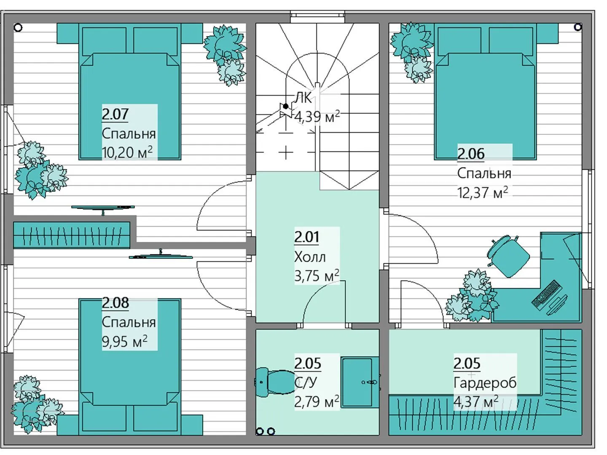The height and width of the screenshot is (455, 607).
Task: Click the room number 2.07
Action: pos(115,114)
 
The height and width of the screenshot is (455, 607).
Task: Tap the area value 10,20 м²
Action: pos(127,152)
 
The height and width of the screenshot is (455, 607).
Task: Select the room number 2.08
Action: pos(115,303)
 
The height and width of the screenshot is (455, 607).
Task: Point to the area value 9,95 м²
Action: pos(124,341)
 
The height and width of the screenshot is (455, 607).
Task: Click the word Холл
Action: pos(310,257)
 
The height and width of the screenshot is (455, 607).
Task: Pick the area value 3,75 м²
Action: pos(317,276)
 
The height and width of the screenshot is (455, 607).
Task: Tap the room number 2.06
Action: pos(471,154)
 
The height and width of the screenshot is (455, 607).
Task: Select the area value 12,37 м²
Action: pos(483,192)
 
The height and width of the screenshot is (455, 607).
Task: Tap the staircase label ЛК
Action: pos(303,98)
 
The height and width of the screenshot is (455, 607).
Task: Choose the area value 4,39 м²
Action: pos(317,117)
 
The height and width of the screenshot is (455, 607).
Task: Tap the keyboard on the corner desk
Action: pos(547,294)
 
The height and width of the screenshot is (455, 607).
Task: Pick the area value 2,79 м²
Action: pos(317,401)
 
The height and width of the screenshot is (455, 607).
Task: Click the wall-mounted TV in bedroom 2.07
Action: pos(103,207)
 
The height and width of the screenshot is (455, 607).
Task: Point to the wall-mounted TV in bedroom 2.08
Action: pos(161,256)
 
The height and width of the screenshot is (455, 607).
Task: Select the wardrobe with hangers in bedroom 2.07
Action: pos(72,235)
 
